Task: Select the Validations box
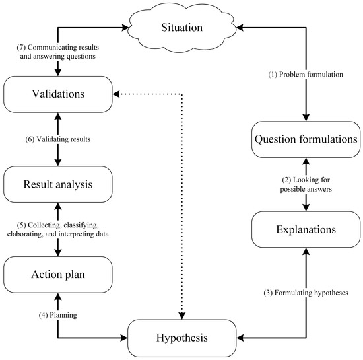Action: tap(58, 94)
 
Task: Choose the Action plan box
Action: tap(58, 276)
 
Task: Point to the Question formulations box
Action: tap(306, 140)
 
